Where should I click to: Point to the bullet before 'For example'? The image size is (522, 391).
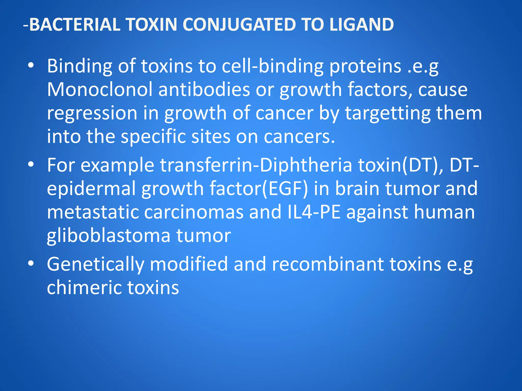coord(31,165)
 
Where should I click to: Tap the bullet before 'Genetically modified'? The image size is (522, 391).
coord(31,264)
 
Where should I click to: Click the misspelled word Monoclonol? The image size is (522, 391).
coord(100,89)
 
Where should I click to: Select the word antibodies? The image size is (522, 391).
coord(204,89)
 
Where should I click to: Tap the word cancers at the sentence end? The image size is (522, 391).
coord(299,137)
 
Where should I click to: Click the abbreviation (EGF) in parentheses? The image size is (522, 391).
coord(285,188)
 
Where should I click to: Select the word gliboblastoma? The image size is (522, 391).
coord(109,236)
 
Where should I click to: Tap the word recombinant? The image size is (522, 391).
coord(328,264)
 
